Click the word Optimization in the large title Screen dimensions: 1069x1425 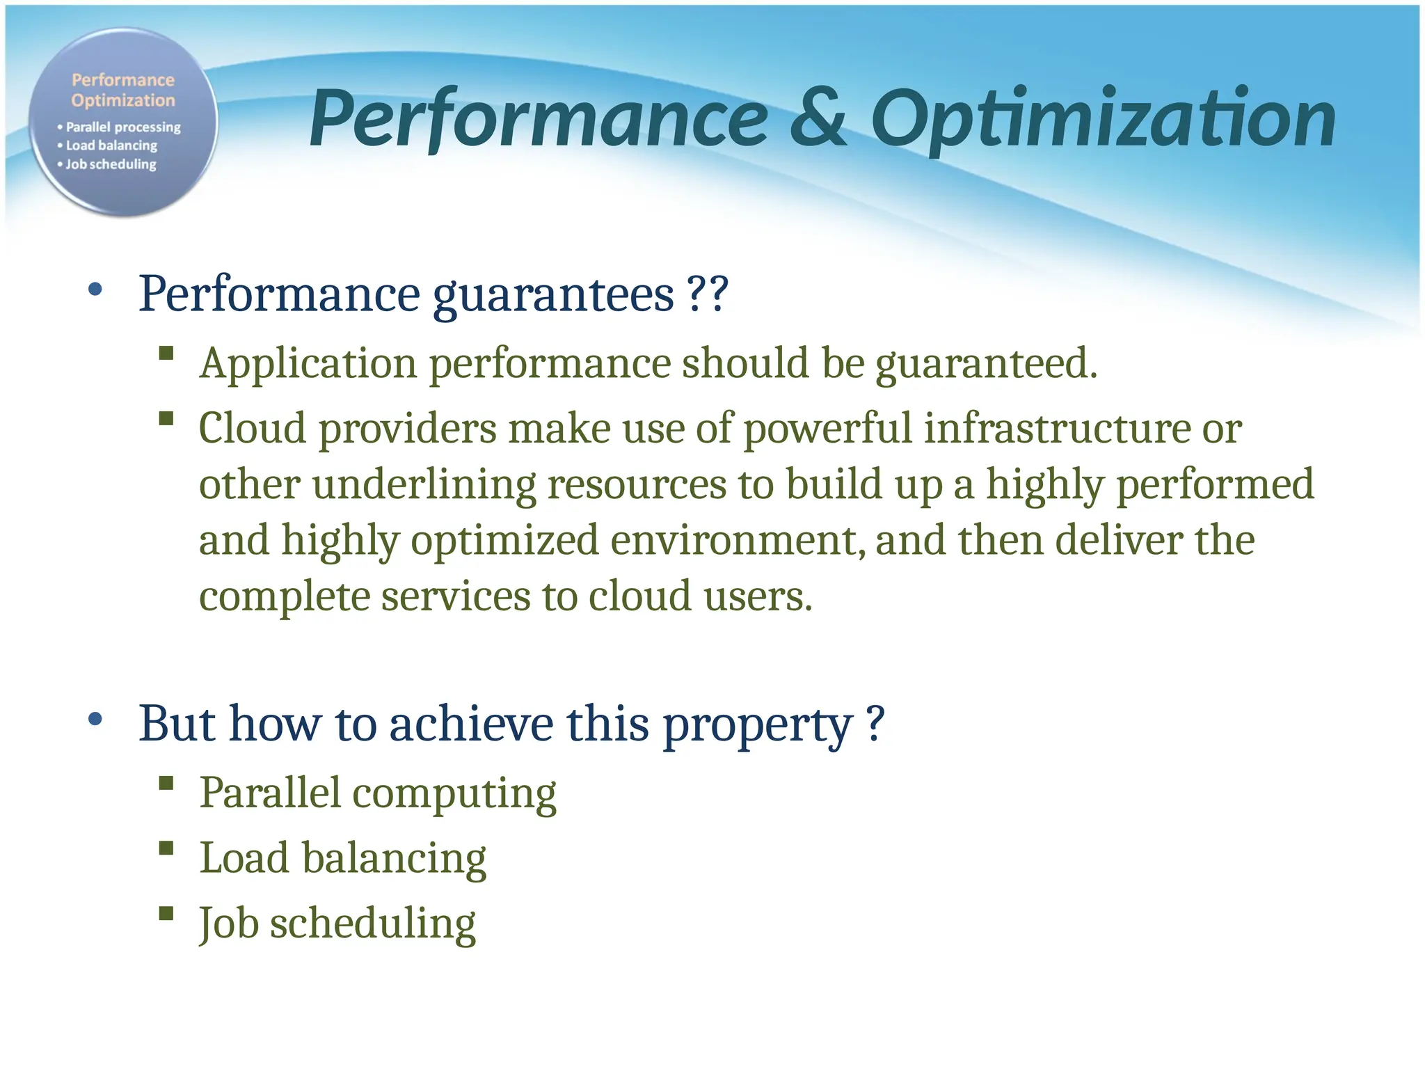(x=1103, y=120)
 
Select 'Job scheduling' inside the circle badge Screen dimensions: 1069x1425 (x=111, y=164)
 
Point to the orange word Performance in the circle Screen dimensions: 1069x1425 (x=123, y=80)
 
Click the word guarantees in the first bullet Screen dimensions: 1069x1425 (x=553, y=295)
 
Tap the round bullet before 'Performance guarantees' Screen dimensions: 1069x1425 (x=95, y=290)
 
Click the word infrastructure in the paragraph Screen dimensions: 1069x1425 (x=1056, y=428)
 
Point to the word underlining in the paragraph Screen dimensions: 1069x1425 (x=424, y=484)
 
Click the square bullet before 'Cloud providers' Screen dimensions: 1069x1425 (x=166, y=418)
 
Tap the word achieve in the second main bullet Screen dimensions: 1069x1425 (x=471, y=724)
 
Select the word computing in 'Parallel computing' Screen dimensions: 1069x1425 (x=454, y=794)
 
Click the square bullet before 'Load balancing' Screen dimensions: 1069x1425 (x=166, y=848)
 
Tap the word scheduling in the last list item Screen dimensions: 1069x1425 (x=372, y=924)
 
